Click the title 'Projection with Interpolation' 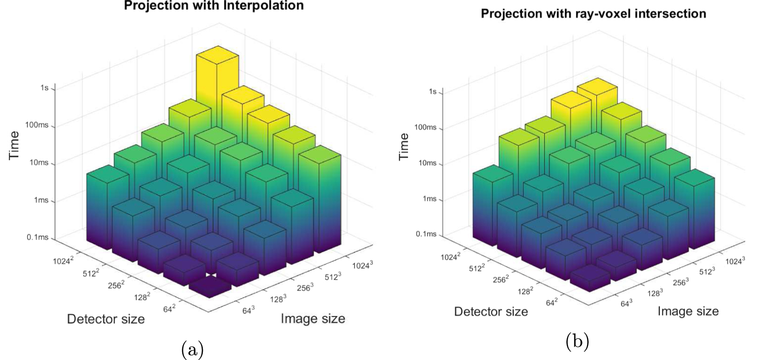click(214, 6)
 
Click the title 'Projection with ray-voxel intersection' click(593, 14)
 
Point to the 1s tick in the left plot click(44, 88)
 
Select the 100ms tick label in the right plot click(425, 127)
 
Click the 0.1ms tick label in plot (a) click(37, 237)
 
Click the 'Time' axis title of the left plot click(14, 145)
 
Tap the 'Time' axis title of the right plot click(404, 146)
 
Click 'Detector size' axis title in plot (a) click(106, 319)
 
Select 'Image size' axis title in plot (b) click(688, 311)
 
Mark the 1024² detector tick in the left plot click(63, 260)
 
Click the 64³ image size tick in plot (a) click(248, 309)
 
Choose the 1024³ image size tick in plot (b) click(735, 261)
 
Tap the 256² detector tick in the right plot click(500, 279)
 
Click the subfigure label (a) click(192, 349)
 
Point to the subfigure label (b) click(577, 342)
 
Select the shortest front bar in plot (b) click(590, 279)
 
